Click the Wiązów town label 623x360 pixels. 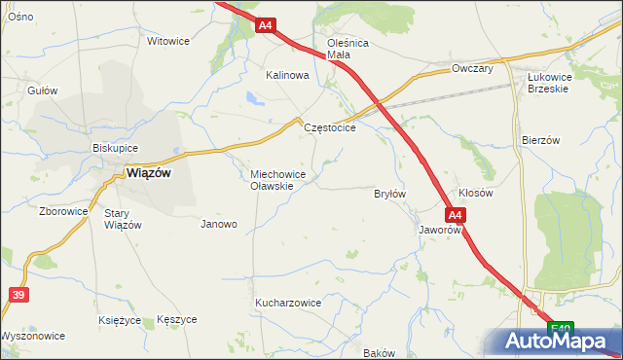(x=148, y=173)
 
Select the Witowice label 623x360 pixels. (x=166, y=42)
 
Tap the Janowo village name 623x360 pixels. (x=219, y=224)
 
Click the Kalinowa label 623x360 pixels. (x=287, y=75)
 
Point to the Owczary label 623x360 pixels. (x=473, y=69)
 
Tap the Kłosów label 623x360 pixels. (x=476, y=193)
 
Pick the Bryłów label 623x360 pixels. (x=389, y=194)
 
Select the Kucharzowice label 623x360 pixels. (x=288, y=303)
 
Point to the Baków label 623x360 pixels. (x=379, y=353)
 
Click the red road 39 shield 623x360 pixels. (x=18, y=294)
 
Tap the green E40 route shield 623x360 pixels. (x=559, y=329)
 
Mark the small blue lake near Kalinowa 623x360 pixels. (x=253, y=97)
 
